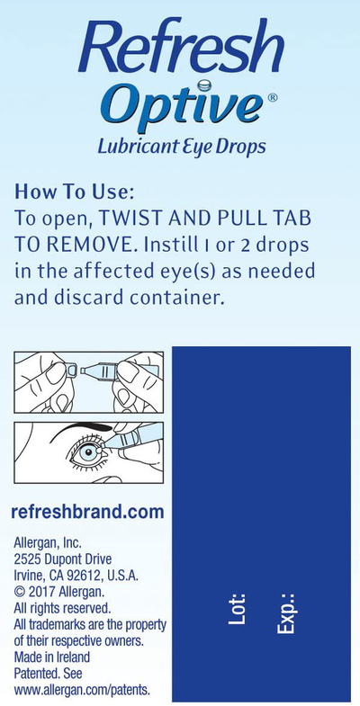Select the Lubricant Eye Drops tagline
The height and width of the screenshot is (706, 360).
coord(180,147)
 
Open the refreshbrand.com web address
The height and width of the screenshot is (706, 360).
coord(87,512)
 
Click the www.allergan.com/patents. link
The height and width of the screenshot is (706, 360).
coord(82,689)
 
